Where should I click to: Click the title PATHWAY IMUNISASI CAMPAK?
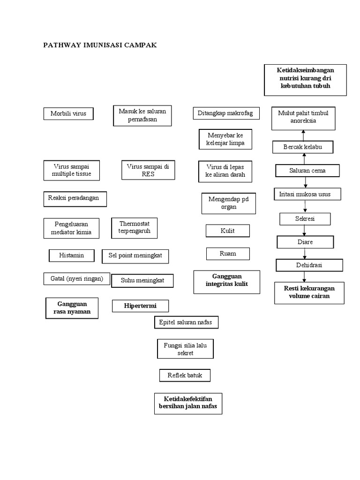(100, 45)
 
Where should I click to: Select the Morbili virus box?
(68, 113)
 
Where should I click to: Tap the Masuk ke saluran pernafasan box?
(142, 115)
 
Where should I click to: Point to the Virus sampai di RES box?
(148, 170)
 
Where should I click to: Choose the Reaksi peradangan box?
(75, 198)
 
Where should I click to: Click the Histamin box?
(72, 255)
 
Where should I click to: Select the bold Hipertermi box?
(140, 306)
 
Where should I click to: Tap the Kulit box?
(227, 231)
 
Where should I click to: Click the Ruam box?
(228, 254)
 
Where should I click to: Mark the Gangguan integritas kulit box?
(227, 281)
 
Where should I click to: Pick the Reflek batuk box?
(185, 375)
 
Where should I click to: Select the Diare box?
(305, 242)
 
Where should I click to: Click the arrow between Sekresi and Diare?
(305, 230)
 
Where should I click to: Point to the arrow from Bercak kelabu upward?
(303, 135)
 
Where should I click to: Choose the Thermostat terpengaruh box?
(135, 228)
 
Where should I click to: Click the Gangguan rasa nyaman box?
(72, 308)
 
